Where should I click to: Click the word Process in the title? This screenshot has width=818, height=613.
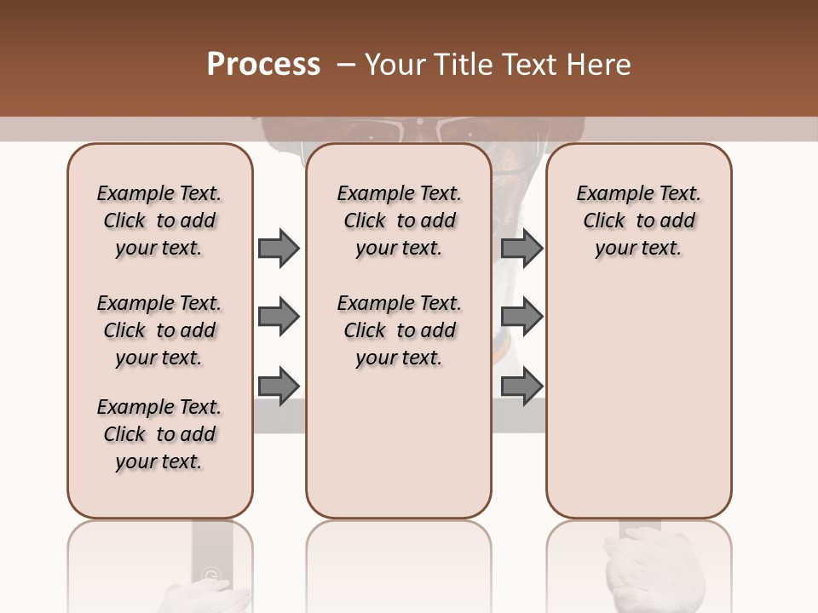point(263,65)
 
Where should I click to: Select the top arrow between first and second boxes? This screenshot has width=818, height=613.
point(278,248)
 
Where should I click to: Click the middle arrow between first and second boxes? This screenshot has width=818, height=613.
point(278,317)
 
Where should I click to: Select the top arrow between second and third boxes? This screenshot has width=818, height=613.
point(521,248)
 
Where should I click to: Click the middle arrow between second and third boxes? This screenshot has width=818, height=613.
point(521,317)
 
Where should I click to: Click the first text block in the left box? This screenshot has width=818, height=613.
point(159,221)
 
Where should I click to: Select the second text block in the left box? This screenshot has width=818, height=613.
point(159,330)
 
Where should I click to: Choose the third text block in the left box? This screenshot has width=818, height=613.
point(159,434)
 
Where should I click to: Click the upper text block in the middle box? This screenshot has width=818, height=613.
point(400,221)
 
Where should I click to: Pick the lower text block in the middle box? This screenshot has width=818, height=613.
point(400,330)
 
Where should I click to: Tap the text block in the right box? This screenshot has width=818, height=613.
point(639,221)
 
